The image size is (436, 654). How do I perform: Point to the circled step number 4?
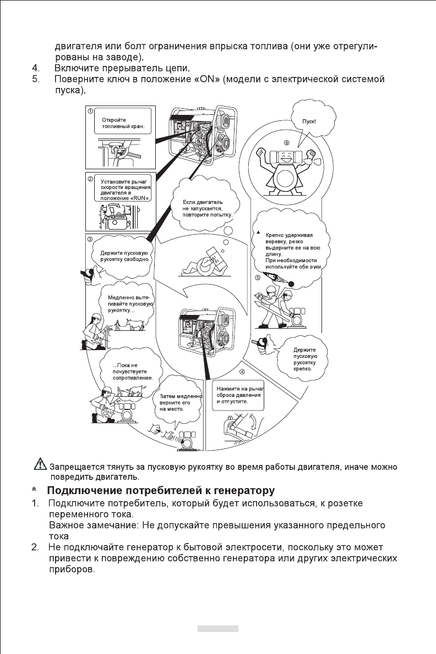coord(234,372)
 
